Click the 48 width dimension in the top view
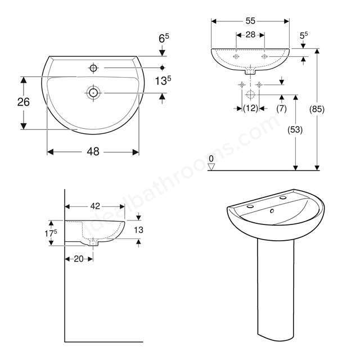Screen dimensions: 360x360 [92, 152]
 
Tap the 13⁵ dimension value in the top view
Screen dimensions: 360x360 [163, 80]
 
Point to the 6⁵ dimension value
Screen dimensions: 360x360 [163, 39]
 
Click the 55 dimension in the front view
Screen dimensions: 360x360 [250, 21]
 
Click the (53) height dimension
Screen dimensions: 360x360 [295, 130]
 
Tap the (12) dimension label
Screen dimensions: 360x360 [250, 107]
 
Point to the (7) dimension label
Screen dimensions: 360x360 [281, 107]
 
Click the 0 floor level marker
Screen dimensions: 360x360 [211, 159]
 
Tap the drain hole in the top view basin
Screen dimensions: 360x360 [92, 92]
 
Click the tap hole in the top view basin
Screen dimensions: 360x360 [93, 68]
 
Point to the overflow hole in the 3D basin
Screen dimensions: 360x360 [272, 211]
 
